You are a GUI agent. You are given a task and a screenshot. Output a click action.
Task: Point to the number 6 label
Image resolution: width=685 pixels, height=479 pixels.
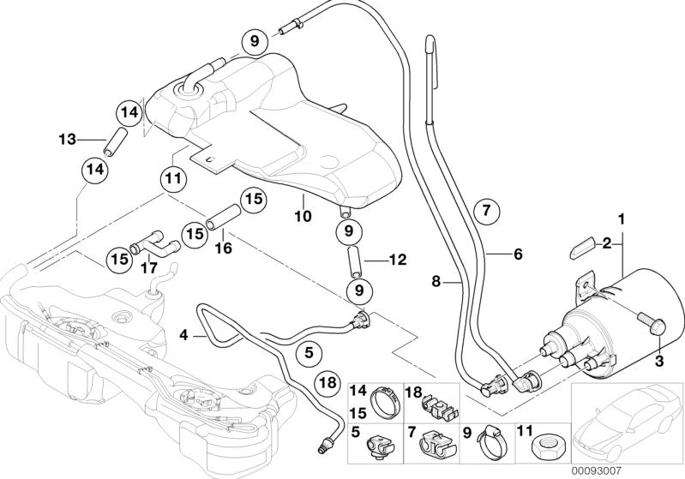tap(518, 254)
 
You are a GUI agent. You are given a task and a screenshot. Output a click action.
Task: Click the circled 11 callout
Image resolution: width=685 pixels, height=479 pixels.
tap(174, 178)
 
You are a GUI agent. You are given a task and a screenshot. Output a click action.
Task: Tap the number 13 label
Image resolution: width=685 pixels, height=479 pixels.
tap(67, 139)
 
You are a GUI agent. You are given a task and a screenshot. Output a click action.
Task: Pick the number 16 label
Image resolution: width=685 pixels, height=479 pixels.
tap(223, 249)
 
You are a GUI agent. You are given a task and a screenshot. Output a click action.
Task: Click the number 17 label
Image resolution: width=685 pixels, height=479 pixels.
tap(148, 267)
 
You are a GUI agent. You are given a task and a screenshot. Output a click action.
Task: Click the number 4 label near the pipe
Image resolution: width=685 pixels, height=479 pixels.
tap(183, 337)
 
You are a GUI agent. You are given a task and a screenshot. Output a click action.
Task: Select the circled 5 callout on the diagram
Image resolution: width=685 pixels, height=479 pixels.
tap(309, 350)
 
